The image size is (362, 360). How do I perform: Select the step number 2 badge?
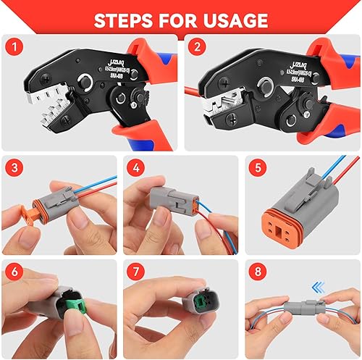(196, 49)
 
